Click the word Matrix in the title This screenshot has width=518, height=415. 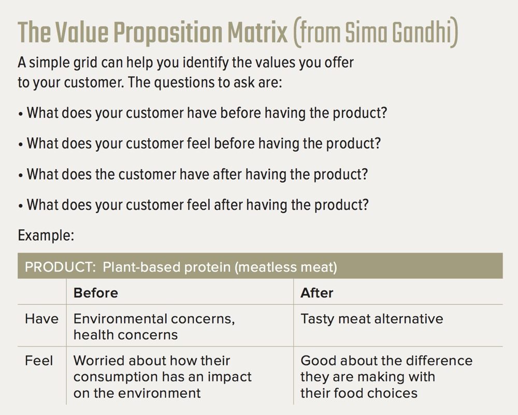tap(257, 33)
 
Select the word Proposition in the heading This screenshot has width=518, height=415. tap(167, 34)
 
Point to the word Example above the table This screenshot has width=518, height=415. tap(46, 235)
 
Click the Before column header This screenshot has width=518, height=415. tap(95, 293)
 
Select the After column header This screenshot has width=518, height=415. tap(317, 293)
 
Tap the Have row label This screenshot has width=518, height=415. tap(41, 319)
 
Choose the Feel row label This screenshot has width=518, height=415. tap(39, 361)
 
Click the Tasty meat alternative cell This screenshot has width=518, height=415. tap(371, 319)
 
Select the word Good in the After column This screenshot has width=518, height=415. tap(318, 361)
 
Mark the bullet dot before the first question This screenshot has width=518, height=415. tap(21, 114)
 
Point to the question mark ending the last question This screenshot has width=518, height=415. tap(365, 205)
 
